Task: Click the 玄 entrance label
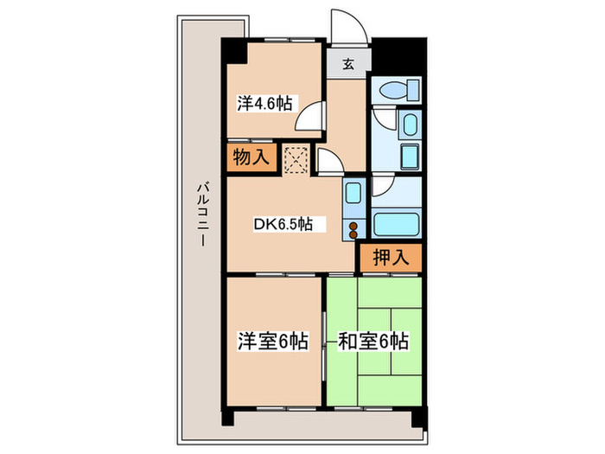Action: click(347, 62)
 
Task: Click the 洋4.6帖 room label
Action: click(264, 104)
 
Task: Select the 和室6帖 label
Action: click(373, 341)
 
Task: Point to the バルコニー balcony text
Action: click(201, 213)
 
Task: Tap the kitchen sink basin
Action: click(353, 195)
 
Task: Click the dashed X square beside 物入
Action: click(296, 157)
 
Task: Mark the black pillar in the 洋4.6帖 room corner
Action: click(233, 51)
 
